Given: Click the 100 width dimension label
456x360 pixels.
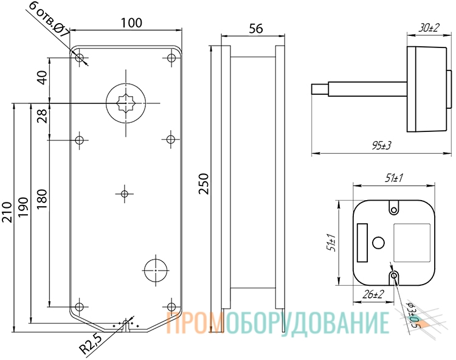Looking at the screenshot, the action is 131,22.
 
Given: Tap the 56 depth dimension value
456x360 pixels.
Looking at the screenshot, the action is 256,29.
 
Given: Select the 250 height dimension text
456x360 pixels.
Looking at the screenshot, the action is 204,184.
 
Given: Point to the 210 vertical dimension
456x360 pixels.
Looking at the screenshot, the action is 7,212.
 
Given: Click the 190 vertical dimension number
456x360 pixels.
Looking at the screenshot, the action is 23,207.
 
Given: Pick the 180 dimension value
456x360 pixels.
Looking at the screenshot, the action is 42,199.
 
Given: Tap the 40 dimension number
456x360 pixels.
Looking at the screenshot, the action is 43,77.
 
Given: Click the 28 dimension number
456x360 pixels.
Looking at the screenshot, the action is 43,116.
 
